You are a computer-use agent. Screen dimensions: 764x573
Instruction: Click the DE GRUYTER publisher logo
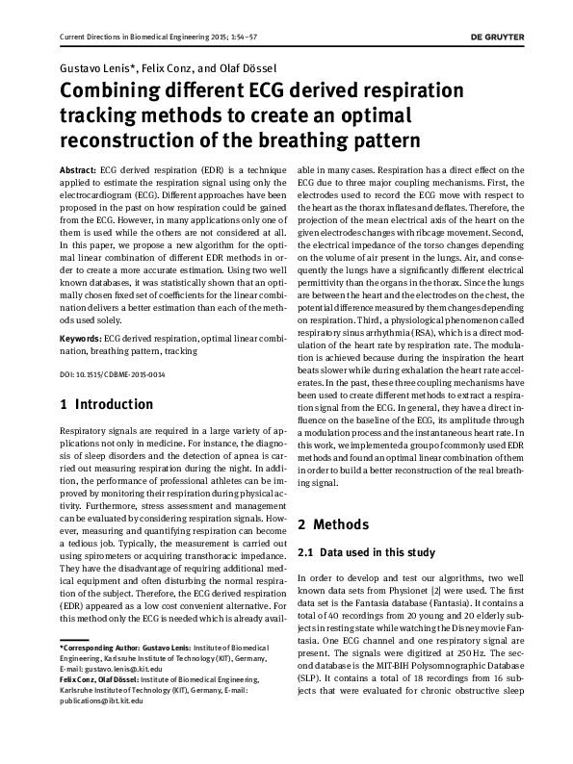509,38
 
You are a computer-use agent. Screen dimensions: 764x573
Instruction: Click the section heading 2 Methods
333,524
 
